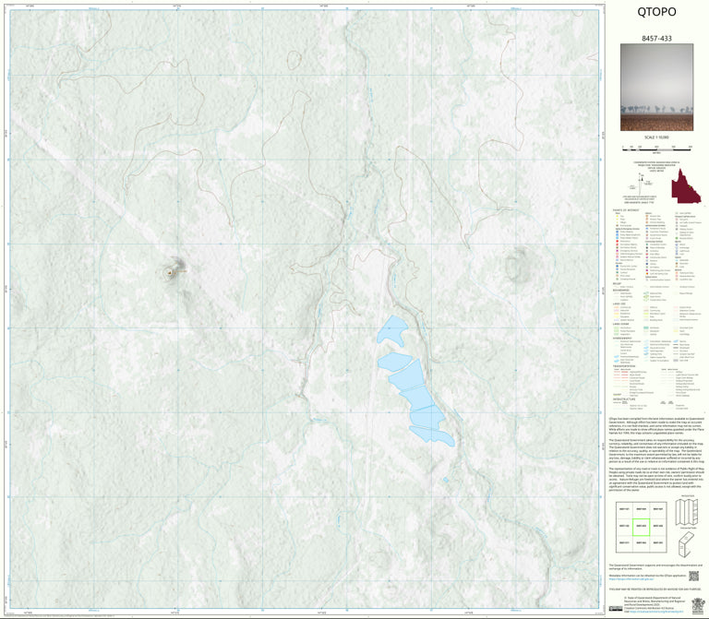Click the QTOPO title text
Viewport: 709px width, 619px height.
click(x=655, y=12)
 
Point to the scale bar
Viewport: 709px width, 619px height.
click(x=655, y=147)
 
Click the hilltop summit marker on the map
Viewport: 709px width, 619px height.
click(x=169, y=272)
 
